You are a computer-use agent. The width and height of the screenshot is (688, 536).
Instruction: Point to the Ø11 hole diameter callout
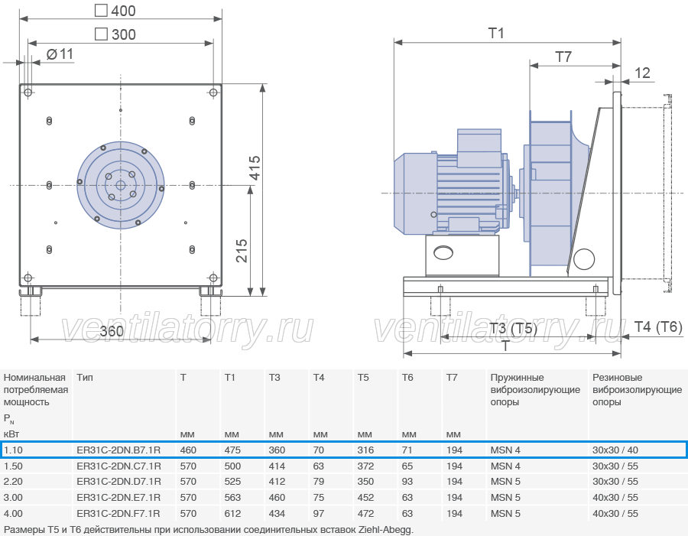[60, 54]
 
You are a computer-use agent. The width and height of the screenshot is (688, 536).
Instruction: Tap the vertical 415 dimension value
[255, 167]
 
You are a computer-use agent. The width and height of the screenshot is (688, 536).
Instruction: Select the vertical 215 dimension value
[242, 251]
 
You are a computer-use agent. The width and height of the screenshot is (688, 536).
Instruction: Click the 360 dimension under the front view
[112, 330]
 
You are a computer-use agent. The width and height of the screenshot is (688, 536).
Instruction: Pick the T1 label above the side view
[496, 33]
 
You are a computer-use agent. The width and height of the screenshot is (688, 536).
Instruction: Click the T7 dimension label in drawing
[563, 57]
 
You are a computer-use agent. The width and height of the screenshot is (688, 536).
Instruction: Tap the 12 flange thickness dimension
[642, 73]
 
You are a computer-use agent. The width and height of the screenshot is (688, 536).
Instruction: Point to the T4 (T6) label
[658, 326]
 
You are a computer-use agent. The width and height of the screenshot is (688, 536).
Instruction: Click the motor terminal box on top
[479, 148]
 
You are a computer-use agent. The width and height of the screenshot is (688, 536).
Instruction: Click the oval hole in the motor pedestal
[443, 252]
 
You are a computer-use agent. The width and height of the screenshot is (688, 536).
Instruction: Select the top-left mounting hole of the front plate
[28, 93]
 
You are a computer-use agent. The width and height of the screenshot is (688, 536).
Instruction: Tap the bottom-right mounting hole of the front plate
[213, 278]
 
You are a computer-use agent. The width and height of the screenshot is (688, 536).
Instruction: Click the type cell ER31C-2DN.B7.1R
[118, 450]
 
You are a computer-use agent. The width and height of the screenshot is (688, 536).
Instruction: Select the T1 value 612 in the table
[232, 513]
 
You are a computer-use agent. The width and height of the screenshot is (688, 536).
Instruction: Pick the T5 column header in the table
[363, 378]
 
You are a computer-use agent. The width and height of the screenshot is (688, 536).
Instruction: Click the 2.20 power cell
[13, 482]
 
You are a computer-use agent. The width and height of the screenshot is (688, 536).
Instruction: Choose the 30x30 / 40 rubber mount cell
[615, 450]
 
